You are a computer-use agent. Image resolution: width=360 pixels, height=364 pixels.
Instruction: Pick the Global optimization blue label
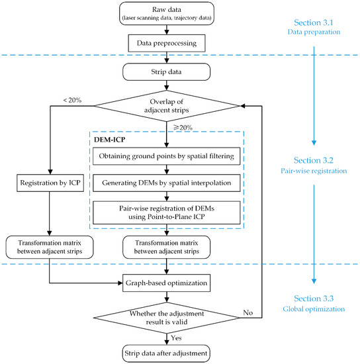click(x=314, y=309)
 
